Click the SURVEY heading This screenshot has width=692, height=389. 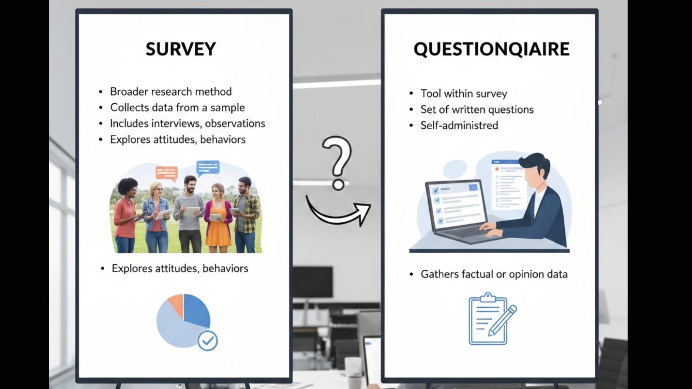tap(181, 49)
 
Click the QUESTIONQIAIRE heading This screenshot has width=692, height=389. tap(491, 49)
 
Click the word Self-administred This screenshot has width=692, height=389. tap(459, 126)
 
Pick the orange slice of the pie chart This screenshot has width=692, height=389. tap(176, 304)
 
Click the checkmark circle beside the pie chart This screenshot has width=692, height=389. tap(208, 341)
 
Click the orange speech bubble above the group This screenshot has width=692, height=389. tap(167, 173)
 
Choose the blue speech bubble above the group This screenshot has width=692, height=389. tap(208, 167)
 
